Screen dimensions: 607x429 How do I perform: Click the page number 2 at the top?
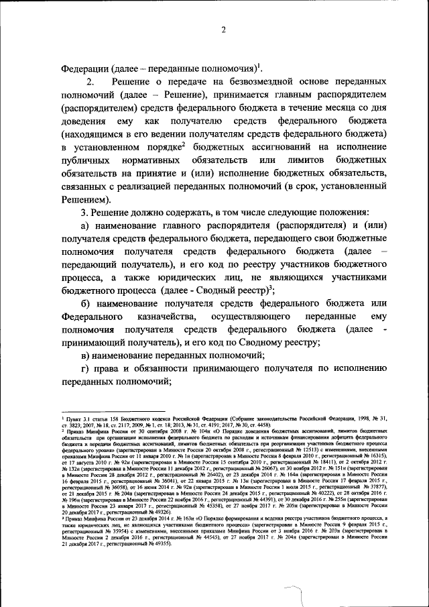coord(223,30)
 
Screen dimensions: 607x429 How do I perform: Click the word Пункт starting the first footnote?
coord(73,418)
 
